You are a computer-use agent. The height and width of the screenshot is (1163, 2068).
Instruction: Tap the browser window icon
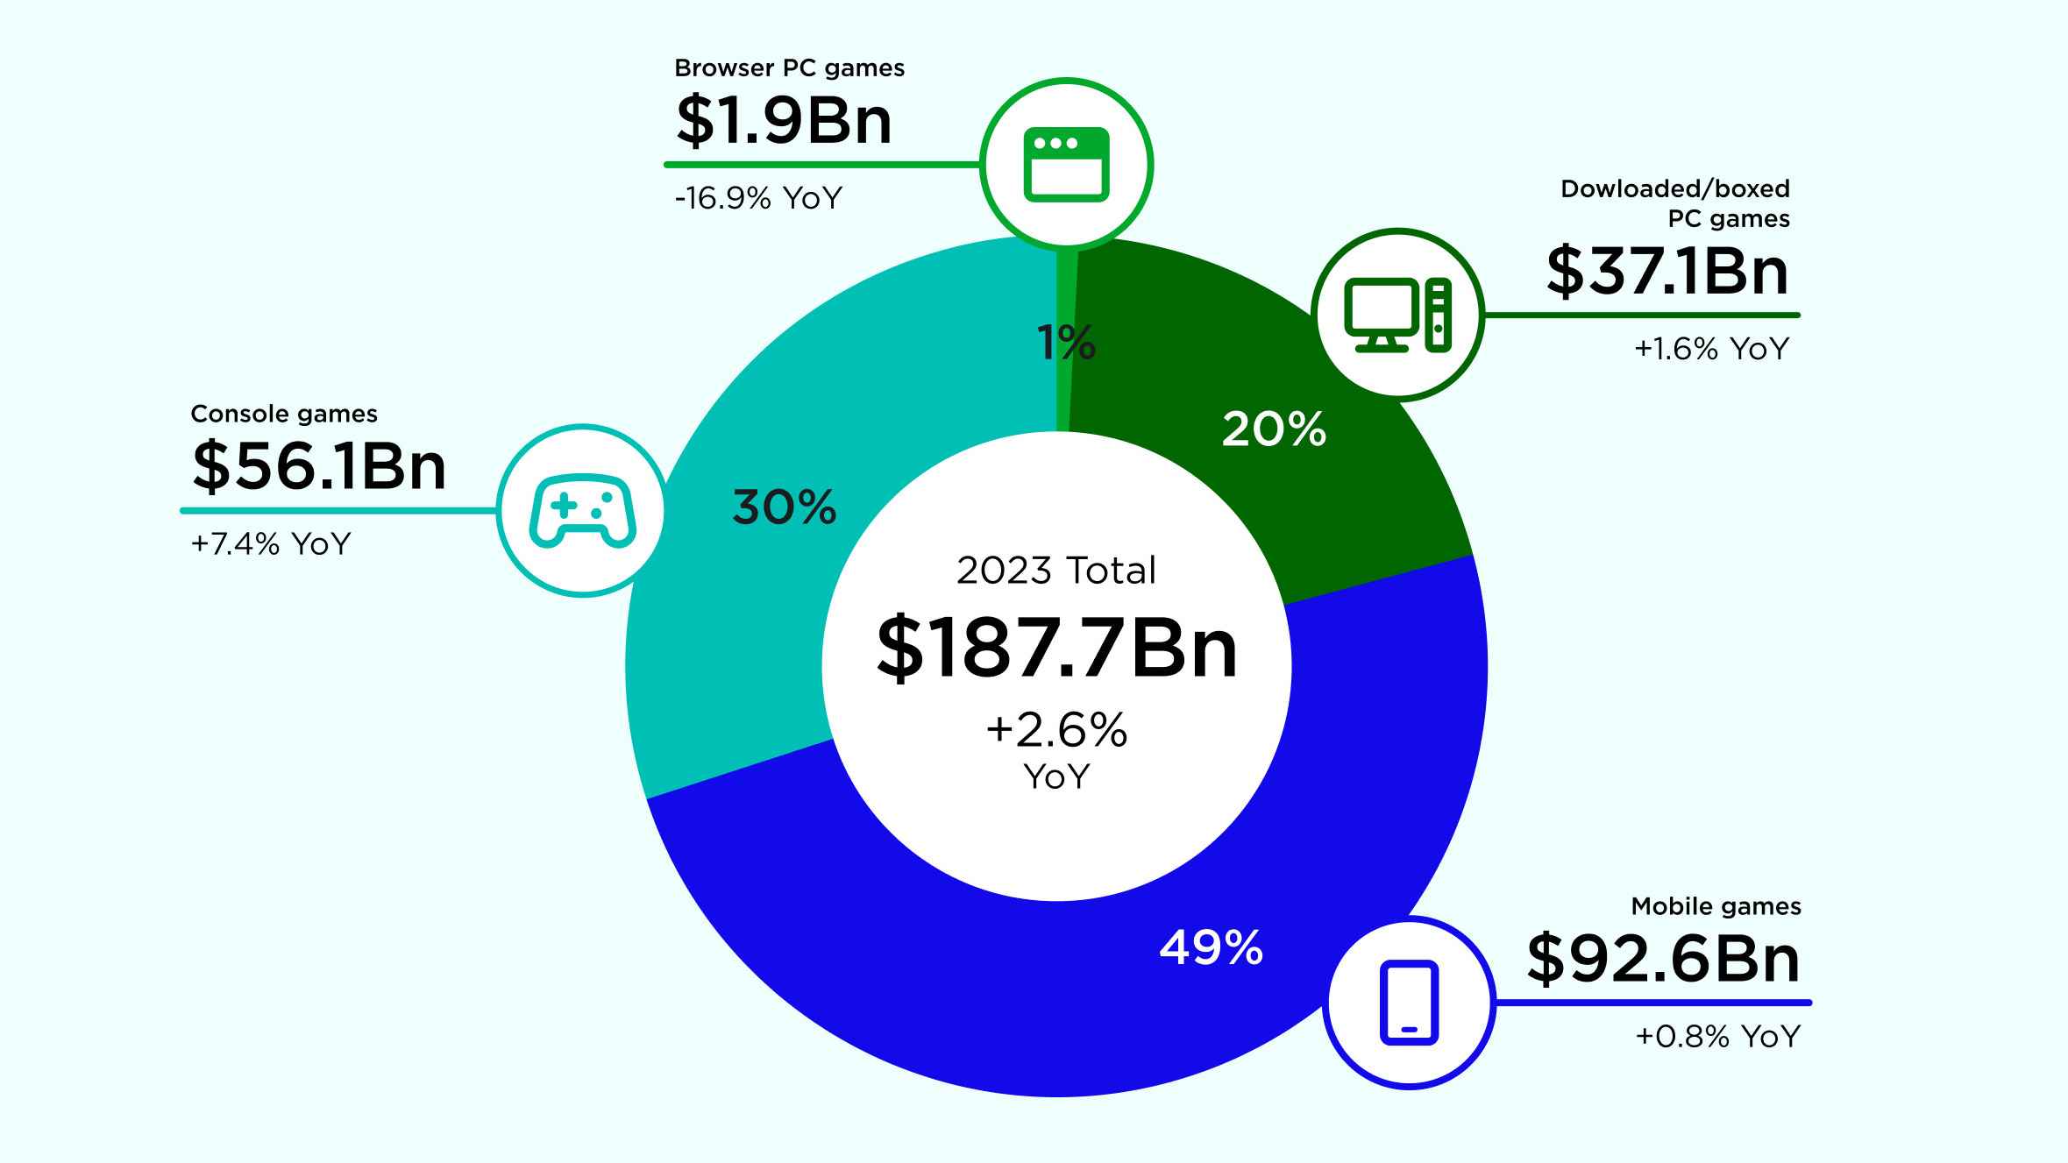tap(1066, 165)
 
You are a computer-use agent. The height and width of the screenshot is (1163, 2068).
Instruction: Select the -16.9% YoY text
tap(758, 198)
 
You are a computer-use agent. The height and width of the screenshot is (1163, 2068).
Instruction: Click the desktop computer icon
tap(1397, 315)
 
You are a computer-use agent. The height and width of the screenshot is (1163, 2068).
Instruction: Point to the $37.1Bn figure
tap(1666, 272)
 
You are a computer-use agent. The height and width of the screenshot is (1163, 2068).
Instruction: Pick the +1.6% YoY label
tap(1710, 349)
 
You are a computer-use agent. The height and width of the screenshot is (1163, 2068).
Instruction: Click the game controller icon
tap(582, 511)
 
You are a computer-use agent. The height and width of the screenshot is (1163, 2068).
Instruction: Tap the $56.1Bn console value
tap(319, 466)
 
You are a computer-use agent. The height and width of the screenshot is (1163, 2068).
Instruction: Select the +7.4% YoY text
tap(271, 544)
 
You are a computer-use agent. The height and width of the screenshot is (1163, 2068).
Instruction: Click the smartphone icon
tap(1409, 1003)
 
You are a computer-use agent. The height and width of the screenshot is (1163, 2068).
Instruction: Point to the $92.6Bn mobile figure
tap(1663, 960)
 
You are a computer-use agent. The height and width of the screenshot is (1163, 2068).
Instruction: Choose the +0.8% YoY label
tap(1717, 1037)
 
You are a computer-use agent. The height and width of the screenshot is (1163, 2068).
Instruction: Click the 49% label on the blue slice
tap(1211, 948)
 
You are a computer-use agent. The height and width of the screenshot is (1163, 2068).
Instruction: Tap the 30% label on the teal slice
tap(784, 507)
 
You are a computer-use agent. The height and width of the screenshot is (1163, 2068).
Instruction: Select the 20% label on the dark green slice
tap(1274, 429)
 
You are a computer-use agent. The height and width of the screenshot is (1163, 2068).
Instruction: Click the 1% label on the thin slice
tap(1066, 342)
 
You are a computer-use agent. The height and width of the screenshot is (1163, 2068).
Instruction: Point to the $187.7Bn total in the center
tap(1057, 649)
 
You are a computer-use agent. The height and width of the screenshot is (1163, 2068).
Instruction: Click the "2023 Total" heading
tap(1056, 571)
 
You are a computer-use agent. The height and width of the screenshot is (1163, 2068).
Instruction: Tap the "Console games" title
tap(284, 414)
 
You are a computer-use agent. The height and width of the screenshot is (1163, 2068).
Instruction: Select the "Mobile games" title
tap(1716, 906)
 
